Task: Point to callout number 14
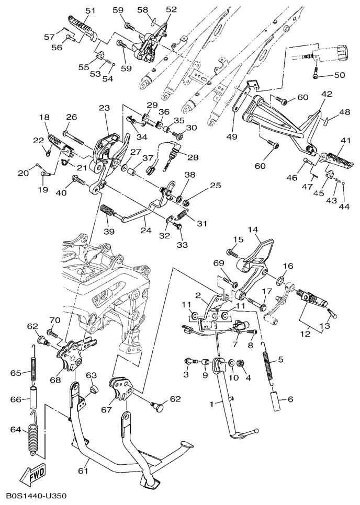(253, 229)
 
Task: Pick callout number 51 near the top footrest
(90, 11)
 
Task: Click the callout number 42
(327, 95)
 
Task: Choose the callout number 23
(104, 108)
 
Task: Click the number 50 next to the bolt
(339, 75)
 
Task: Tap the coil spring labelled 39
(108, 212)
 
